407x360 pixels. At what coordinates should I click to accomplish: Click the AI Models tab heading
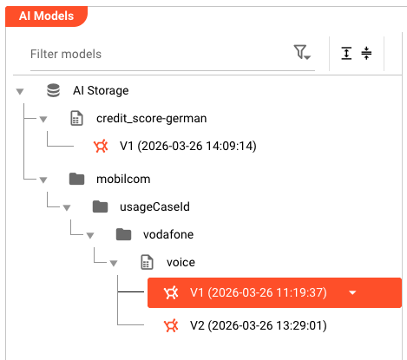pos(46,16)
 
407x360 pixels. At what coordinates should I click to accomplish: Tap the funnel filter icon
pos(302,52)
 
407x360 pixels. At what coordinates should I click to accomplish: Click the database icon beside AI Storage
pos(54,90)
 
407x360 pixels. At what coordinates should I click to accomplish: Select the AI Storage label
pos(101,90)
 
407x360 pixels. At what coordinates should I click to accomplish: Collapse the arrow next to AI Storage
pos(20,92)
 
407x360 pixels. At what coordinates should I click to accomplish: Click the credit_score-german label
pos(152,119)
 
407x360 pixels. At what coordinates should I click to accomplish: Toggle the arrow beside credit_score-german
pos(43,119)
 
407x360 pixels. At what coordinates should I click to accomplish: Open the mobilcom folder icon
pos(77,179)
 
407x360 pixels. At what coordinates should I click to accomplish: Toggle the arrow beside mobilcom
pos(43,180)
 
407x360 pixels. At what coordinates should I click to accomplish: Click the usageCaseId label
pos(154,206)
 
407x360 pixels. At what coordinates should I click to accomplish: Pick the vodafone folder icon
pos(123,234)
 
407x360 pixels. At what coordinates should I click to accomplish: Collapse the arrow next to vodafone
pos(90,235)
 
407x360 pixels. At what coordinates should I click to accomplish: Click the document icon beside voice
pos(147,262)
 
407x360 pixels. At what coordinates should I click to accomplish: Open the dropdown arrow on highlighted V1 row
pos(352,293)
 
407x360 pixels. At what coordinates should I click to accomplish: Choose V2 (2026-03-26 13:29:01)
pos(259,325)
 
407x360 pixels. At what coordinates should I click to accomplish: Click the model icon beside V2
pos(171,325)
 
